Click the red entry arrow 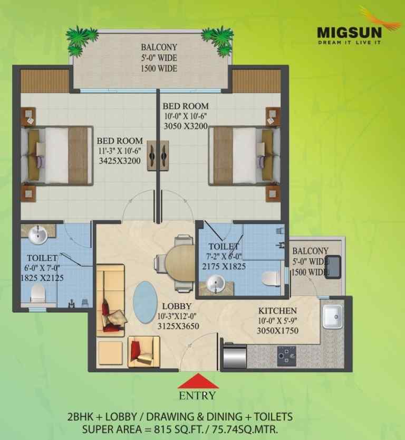198,380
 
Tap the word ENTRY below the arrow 197,396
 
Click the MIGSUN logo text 349,32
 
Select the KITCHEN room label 277,311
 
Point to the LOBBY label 177,306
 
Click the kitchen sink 332,316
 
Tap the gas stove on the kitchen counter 286,356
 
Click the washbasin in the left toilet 38,235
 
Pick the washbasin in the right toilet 215,284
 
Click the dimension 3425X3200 120,161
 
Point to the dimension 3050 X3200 186,126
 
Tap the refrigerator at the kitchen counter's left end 235,355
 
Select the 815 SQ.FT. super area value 179,429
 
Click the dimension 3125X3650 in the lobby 178,326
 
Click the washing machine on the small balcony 332,267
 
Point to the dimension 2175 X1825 224,266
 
